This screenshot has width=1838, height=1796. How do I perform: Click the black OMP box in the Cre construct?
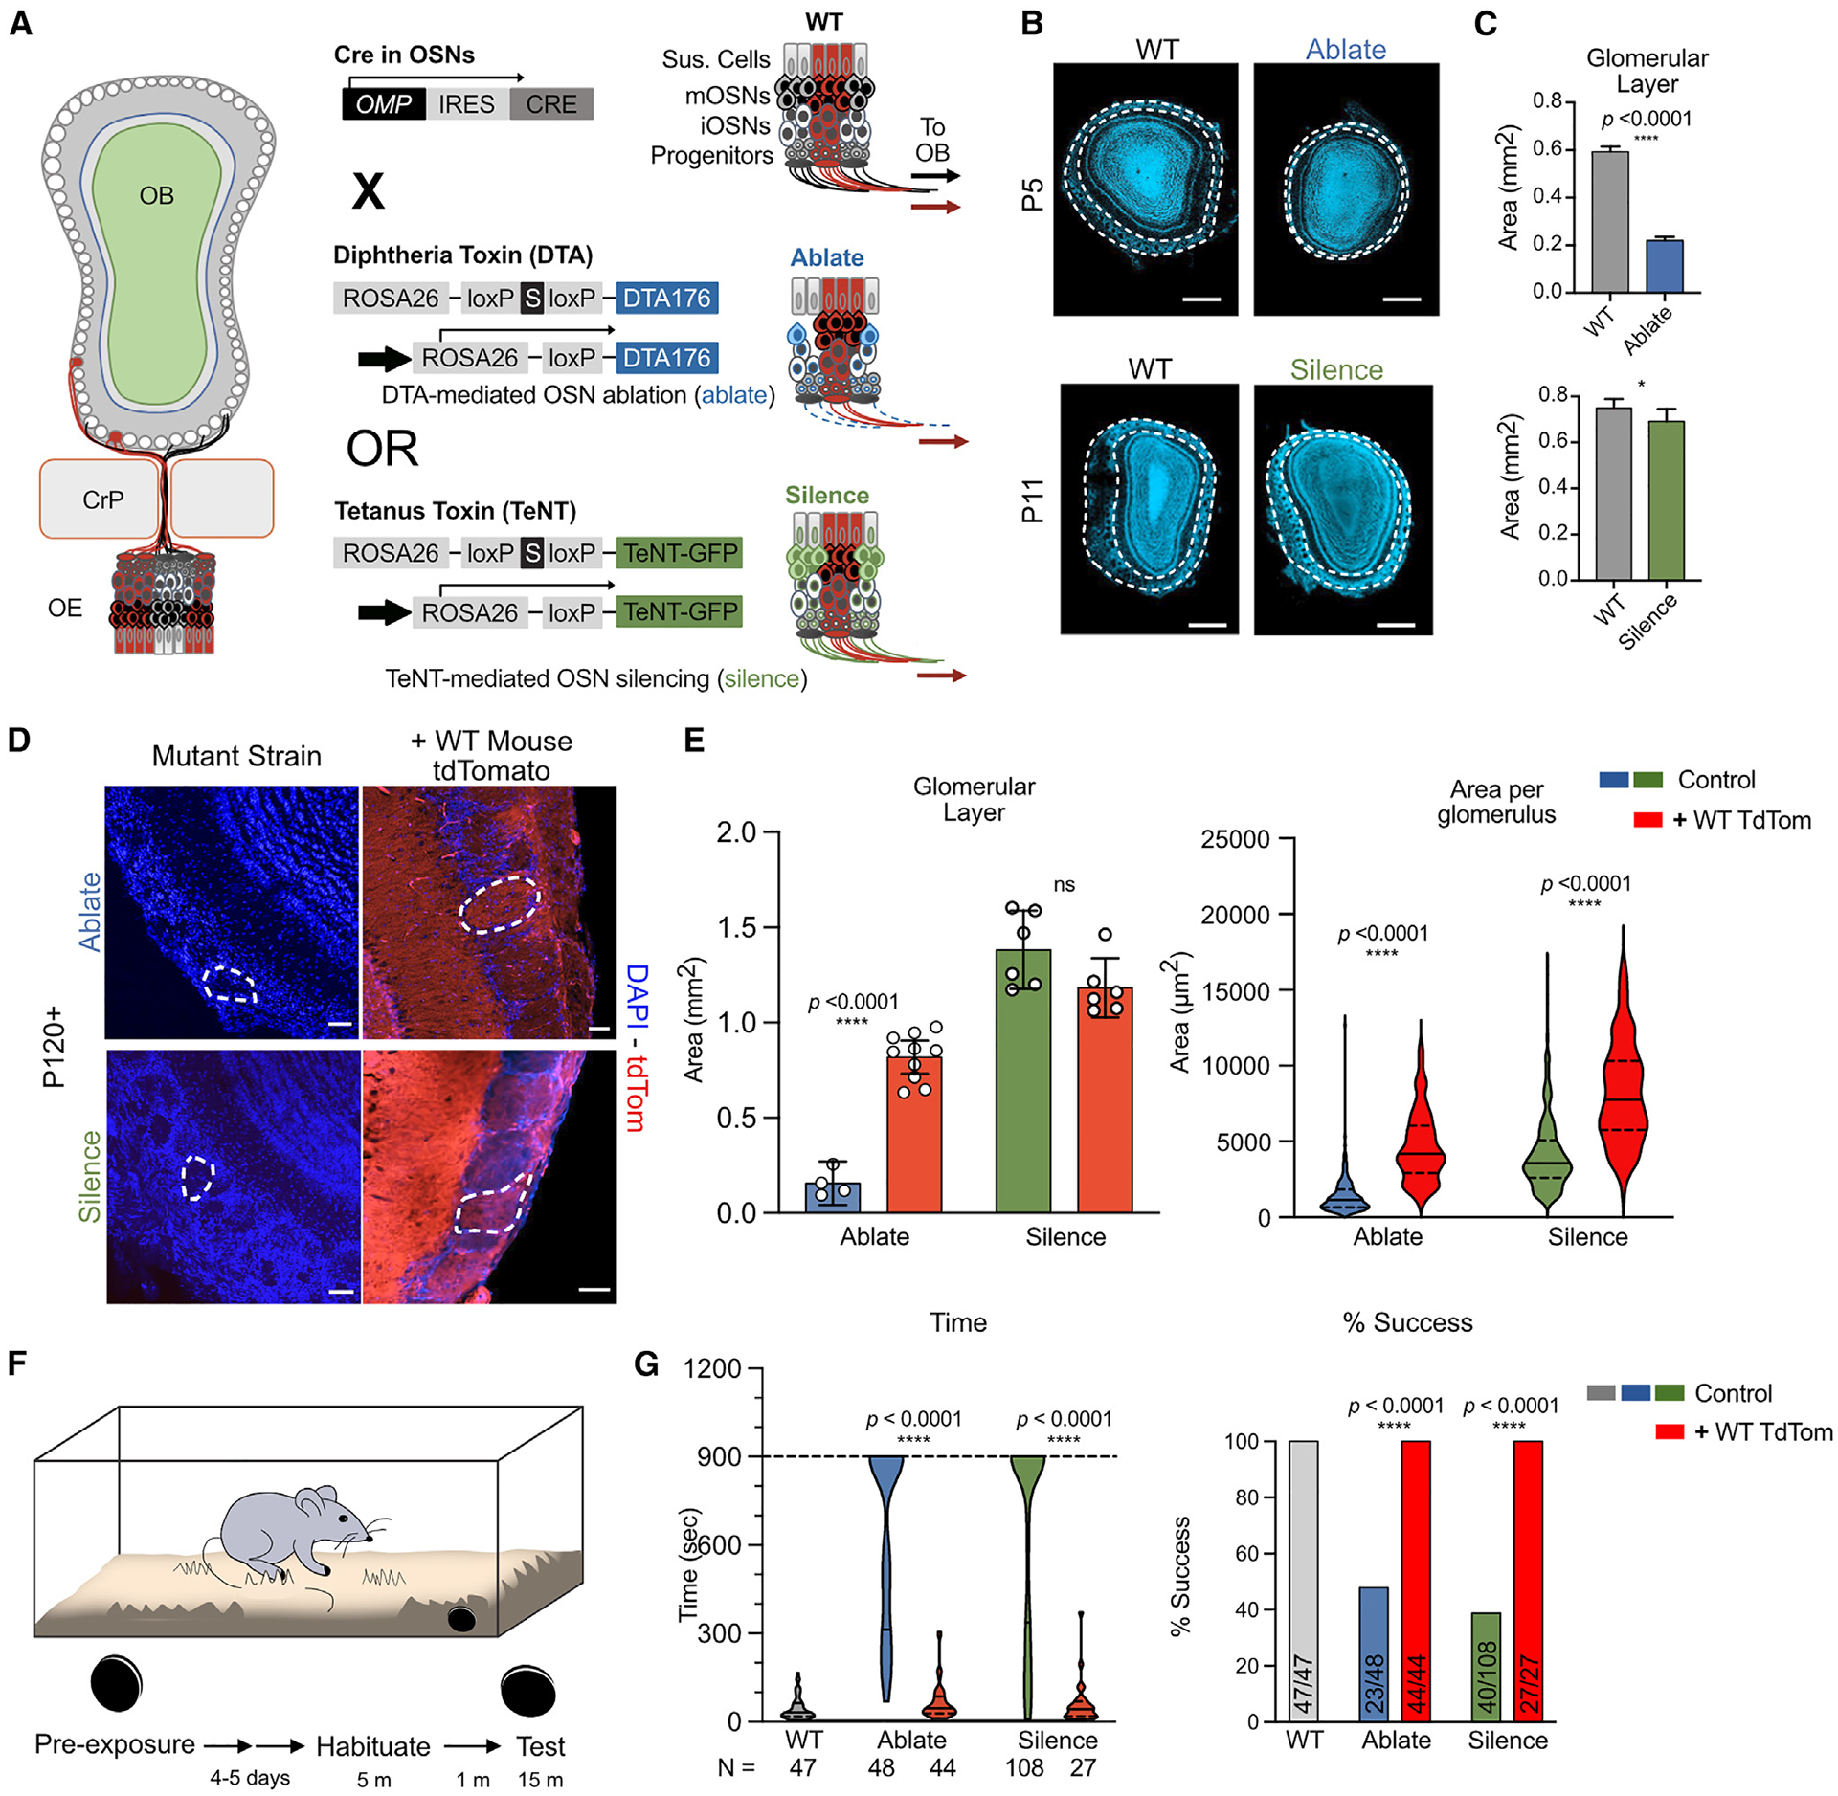pyautogui.click(x=383, y=104)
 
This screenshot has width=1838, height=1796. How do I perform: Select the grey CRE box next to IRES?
pyautogui.click(x=551, y=104)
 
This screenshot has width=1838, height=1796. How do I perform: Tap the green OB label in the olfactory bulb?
pyautogui.click(x=157, y=196)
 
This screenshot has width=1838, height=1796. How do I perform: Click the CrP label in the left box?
pyautogui.click(x=102, y=499)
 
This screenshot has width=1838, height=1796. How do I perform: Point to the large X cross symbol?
pyautogui.click(x=369, y=190)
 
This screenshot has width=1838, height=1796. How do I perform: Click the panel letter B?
pyautogui.click(x=1032, y=23)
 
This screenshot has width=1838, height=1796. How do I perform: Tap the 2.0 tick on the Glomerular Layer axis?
pyautogui.click(x=736, y=832)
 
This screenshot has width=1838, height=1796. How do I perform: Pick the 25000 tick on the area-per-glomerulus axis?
pyautogui.click(x=1235, y=840)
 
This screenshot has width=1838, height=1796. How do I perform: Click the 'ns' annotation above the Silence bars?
pyautogui.click(x=1065, y=885)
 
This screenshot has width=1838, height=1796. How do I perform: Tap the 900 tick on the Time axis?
pyautogui.click(x=724, y=1456)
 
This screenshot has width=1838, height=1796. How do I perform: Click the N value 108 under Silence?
pyautogui.click(x=1024, y=1767)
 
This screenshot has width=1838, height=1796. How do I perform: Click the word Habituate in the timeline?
pyautogui.click(x=373, y=1746)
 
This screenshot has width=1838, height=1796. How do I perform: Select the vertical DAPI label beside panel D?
pyautogui.click(x=637, y=995)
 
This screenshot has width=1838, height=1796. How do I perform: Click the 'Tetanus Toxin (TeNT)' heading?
pyautogui.click(x=455, y=511)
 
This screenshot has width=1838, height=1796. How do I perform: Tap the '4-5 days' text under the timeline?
pyautogui.click(x=250, y=1778)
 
